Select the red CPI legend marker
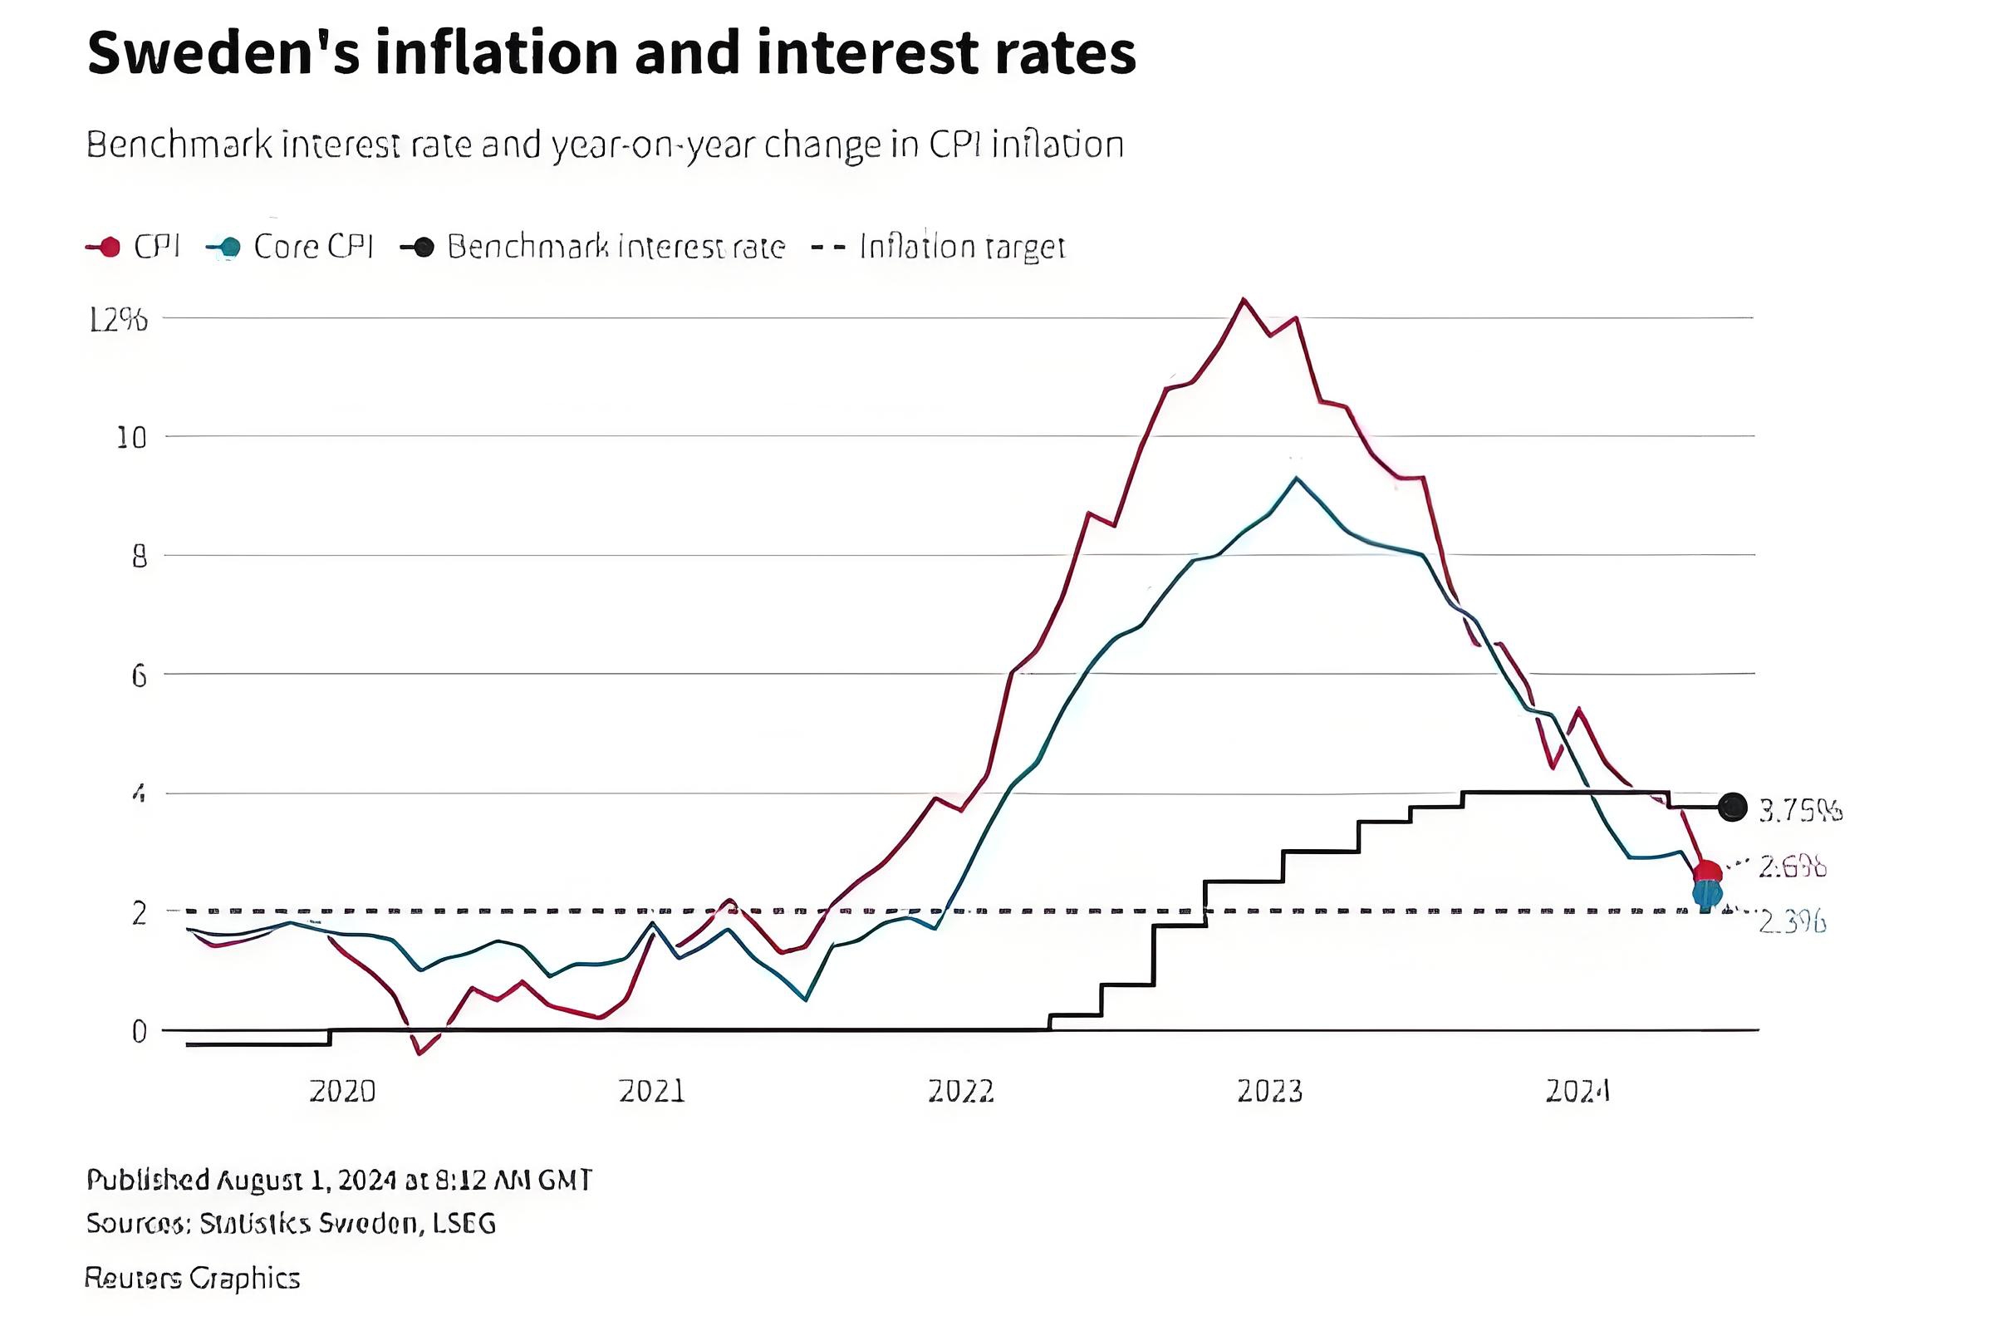(x=108, y=247)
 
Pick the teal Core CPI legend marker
(x=228, y=247)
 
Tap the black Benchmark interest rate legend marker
(x=423, y=247)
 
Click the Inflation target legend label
(x=961, y=247)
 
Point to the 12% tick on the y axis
(x=118, y=320)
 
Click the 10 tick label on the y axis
(x=131, y=438)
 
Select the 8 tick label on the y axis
(x=139, y=557)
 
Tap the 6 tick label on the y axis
(x=139, y=675)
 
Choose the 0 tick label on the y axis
(x=139, y=1032)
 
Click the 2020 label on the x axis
(x=341, y=1092)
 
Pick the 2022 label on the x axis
(x=960, y=1092)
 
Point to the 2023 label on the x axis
(x=1270, y=1092)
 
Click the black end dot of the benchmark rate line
(x=1732, y=808)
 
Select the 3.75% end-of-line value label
(x=1800, y=811)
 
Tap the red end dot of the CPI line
(x=1707, y=872)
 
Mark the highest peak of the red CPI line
(x=1243, y=299)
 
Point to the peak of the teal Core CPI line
(x=1296, y=479)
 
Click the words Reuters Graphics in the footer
(x=193, y=1278)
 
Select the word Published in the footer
(x=148, y=1180)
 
